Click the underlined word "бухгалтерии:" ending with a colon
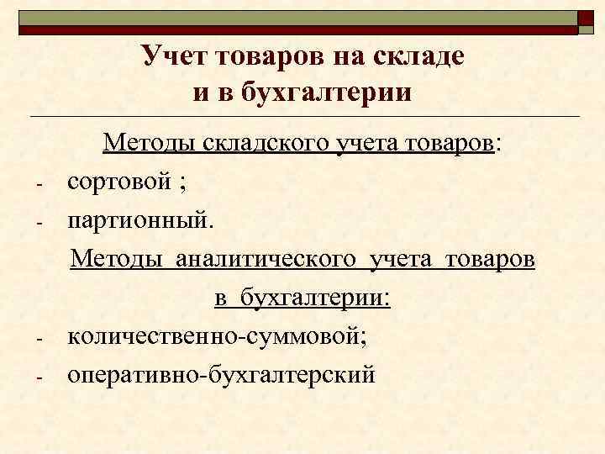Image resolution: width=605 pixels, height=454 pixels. click(x=316, y=298)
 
